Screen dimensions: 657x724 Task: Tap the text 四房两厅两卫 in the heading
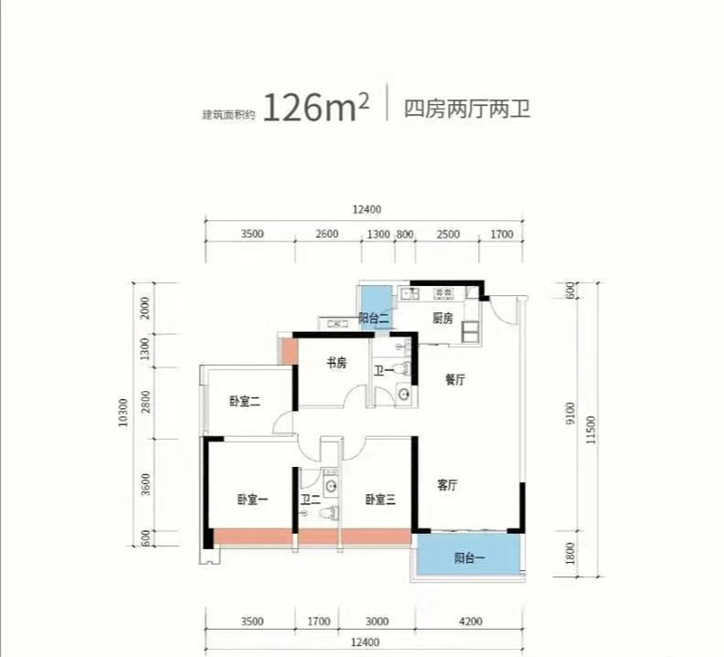pyautogui.click(x=465, y=110)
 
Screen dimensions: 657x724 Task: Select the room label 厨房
pyautogui.click(x=442, y=319)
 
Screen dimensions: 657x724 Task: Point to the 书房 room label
pyautogui.click(x=336, y=364)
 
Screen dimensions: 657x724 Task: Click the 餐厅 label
pyautogui.click(x=455, y=382)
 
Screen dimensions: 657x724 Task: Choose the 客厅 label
pyautogui.click(x=447, y=486)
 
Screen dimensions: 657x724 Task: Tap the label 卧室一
pyautogui.click(x=252, y=500)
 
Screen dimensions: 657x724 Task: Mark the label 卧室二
pyautogui.click(x=244, y=403)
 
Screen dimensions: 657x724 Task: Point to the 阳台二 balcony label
pyautogui.click(x=373, y=319)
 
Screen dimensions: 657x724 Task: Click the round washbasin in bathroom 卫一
pyautogui.click(x=404, y=395)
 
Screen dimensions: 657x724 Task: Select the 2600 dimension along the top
pyautogui.click(x=328, y=234)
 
